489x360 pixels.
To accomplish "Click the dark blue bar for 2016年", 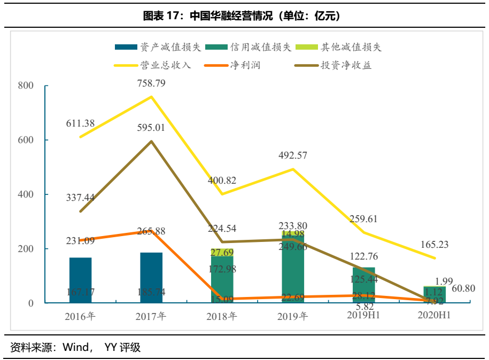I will (80, 280).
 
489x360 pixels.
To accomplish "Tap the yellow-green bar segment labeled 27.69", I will (222, 252).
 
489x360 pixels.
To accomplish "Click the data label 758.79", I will (152, 83).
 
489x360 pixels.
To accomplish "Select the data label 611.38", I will (80, 123).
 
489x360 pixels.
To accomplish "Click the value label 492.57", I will (293, 156).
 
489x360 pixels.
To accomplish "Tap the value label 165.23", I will (434, 245).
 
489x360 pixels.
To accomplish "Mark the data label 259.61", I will (363, 219).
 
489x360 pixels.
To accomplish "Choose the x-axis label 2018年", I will (222, 316).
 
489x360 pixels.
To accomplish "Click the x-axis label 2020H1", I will (434, 315).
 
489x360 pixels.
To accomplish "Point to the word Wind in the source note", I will (76, 348).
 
